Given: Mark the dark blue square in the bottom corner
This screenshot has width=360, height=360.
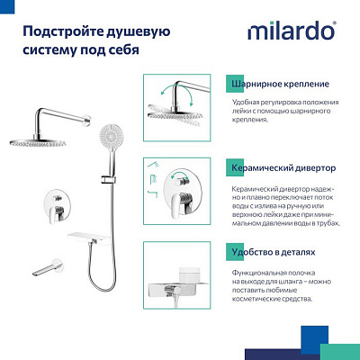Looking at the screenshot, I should pyautogui.click(x=346, y=346).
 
